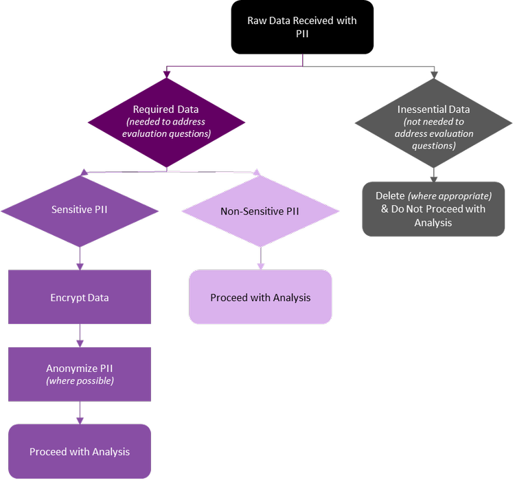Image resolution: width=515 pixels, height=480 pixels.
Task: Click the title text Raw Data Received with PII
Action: click(x=302, y=28)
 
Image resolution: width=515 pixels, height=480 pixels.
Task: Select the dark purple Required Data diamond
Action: click(x=167, y=122)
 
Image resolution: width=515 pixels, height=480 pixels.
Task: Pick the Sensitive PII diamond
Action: click(x=79, y=210)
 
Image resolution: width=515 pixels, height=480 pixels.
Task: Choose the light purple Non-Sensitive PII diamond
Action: click(x=260, y=211)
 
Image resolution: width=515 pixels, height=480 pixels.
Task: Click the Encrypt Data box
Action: click(x=80, y=298)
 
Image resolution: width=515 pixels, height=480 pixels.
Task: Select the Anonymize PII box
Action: click(x=80, y=374)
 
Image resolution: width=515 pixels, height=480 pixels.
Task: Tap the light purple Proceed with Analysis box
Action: click(x=260, y=298)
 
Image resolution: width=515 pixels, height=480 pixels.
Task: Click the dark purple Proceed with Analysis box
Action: click(x=80, y=452)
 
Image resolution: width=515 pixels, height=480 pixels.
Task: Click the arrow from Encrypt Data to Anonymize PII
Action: click(x=80, y=336)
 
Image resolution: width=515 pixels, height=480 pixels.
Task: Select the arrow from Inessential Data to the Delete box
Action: click(x=433, y=175)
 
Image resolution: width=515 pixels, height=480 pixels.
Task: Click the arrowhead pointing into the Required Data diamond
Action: click(x=167, y=74)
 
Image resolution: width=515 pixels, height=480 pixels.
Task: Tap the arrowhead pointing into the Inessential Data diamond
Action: click(x=433, y=74)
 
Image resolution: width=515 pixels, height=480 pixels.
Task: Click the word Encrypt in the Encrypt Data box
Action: click(x=66, y=298)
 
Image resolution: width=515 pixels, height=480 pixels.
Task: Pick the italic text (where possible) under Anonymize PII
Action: click(x=80, y=381)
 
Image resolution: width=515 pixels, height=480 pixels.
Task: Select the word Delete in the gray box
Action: click(x=390, y=196)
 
